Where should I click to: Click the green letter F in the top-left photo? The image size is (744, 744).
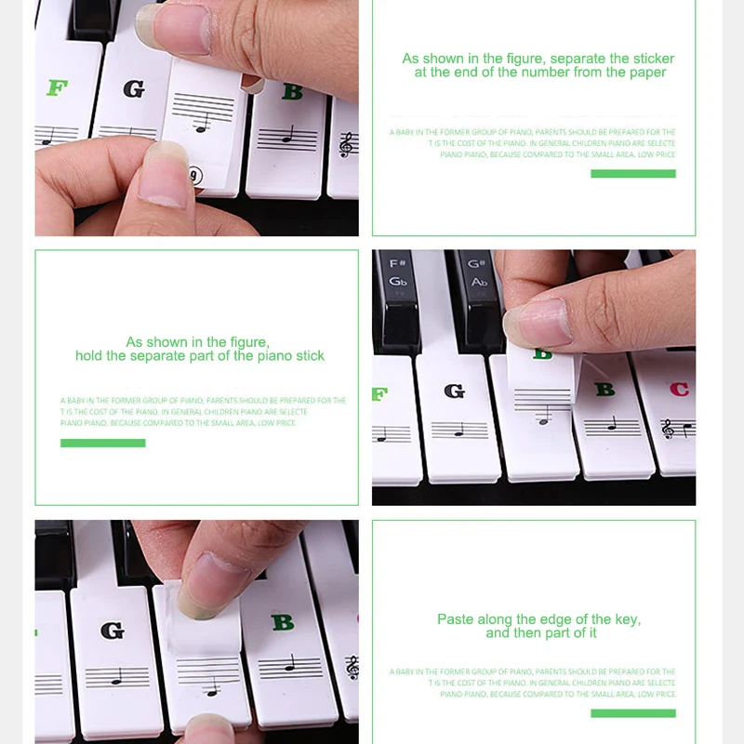[x=57, y=88]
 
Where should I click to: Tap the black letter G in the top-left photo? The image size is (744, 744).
[x=134, y=89]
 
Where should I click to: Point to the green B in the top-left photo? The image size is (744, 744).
[x=292, y=91]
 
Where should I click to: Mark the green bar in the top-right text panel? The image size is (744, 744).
[x=632, y=174]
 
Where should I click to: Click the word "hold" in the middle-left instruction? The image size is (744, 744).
[x=92, y=356]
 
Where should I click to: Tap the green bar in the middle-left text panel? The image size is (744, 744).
[x=102, y=443]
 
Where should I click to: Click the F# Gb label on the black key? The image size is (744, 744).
[x=398, y=272]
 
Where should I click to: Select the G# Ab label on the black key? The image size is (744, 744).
[x=479, y=272]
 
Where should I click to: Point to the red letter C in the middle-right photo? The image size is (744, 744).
[x=680, y=389]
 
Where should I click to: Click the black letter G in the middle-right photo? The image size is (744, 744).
[x=454, y=391]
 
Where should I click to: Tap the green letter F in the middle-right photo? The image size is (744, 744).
[x=379, y=394]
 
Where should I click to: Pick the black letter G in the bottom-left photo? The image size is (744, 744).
[x=113, y=631]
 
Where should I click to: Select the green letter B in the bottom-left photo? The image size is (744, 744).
[x=283, y=622]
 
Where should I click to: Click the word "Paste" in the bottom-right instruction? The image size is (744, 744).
[x=456, y=619]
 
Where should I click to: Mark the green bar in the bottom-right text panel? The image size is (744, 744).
[x=632, y=713]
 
